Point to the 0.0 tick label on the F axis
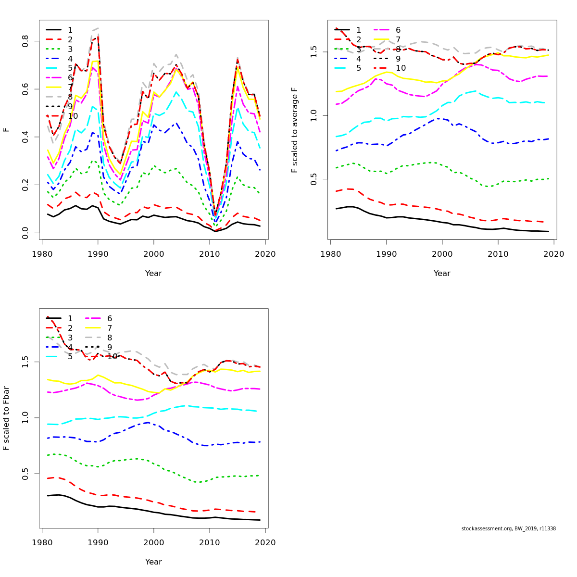pos(25,233)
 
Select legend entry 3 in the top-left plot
pos(70,49)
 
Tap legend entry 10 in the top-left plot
pos(73,116)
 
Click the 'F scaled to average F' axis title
pos(295,130)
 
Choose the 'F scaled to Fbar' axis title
pos(6,418)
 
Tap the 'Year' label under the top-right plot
pos(442,273)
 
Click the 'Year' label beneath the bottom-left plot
pos(153,562)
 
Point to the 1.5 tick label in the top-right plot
pos(314,51)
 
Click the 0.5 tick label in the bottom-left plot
pos(25,474)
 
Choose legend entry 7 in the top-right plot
pos(398,39)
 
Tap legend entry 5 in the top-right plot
pos(359,68)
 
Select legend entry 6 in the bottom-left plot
pos(110,318)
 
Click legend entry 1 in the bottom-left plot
pos(70,318)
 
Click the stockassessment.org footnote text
pos(508,528)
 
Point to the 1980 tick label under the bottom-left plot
pos(42,542)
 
